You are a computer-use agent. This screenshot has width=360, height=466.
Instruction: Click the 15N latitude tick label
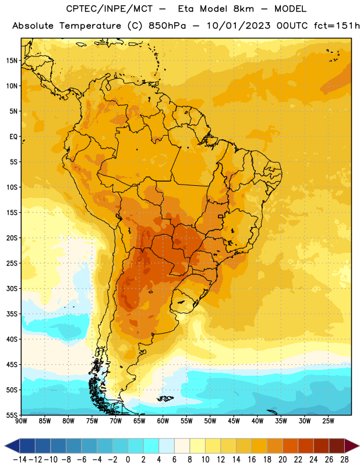coord(12,61)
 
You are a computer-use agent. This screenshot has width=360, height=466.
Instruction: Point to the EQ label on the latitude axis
coord(13,137)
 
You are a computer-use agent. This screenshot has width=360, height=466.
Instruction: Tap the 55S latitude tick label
coord(12,415)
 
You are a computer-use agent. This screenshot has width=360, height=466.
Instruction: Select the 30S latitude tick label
coord(12,288)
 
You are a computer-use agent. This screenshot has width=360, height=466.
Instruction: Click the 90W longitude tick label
coord(22,421)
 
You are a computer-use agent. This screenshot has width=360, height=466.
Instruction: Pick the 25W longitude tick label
coord(328,421)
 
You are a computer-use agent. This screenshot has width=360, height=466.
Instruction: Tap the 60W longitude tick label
coord(163,421)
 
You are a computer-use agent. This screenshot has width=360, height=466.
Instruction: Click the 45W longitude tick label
coord(234,421)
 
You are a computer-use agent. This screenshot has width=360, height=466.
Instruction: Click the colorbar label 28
coord(344,460)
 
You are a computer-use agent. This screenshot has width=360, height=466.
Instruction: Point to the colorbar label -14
coord(20,460)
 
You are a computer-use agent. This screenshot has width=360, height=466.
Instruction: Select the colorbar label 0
coord(128,460)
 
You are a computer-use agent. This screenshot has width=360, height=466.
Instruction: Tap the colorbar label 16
coord(252,460)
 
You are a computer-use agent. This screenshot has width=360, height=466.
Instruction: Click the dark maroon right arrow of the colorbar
coord(351,446)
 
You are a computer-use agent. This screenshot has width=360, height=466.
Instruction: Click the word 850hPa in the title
coord(167,26)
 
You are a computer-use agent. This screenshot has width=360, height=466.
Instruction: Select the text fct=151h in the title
coord(337,26)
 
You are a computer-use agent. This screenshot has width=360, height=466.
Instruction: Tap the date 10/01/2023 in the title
coord(239,26)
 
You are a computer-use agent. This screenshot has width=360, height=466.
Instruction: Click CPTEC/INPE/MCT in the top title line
coord(110,9)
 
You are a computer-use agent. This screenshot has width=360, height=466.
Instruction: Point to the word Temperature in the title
coord(90,26)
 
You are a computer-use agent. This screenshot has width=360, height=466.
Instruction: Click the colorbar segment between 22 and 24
coord(306,446)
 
